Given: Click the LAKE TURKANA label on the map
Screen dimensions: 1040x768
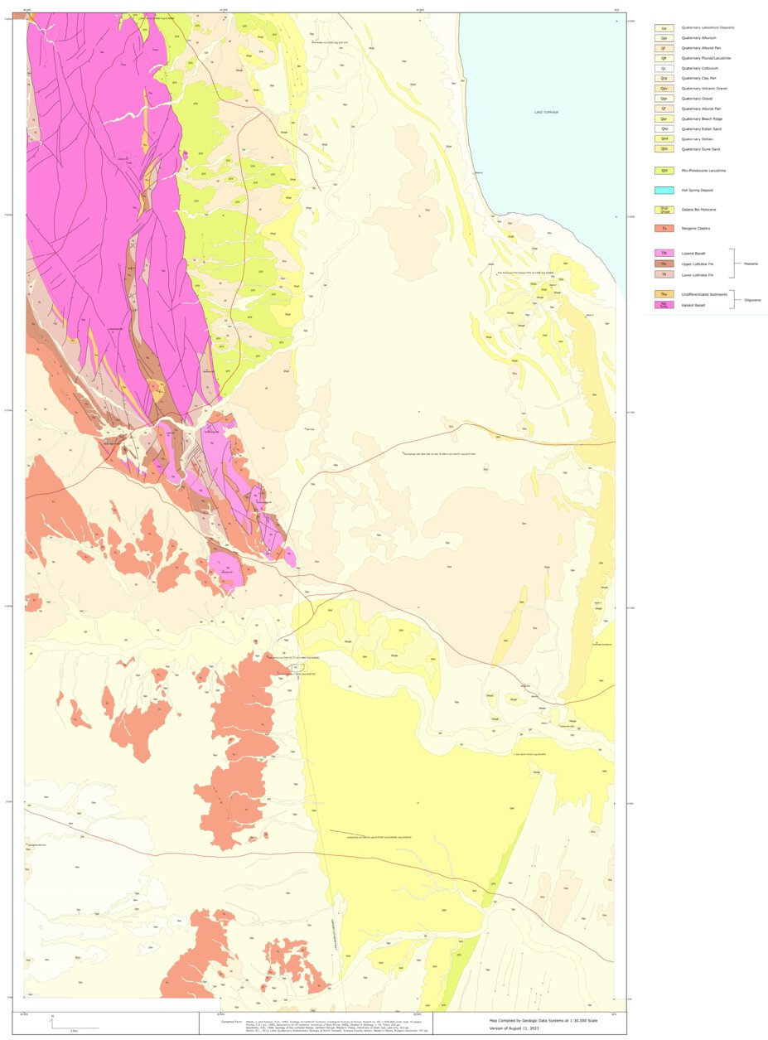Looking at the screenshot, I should (546, 112).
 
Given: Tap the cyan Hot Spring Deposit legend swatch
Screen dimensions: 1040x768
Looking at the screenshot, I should (664, 190).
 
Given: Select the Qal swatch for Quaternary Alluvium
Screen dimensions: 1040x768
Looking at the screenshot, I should (664, 38).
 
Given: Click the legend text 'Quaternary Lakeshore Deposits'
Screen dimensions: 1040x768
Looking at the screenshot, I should (708, 27).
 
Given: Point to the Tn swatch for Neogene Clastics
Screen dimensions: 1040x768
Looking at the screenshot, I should (664, 228).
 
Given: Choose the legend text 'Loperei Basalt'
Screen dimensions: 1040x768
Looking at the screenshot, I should (693, 253).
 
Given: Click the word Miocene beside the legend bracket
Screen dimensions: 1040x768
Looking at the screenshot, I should (749, 264).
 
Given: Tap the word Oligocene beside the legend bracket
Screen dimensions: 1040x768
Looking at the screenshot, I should (752, 300).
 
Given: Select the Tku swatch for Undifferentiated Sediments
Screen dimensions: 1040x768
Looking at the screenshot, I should (664, 294).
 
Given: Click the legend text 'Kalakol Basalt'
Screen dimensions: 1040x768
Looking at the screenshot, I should (693, 305).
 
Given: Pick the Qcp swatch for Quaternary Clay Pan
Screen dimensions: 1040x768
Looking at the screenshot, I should (664, 78).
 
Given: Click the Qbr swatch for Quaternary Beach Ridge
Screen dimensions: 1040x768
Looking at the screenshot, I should (664, 119).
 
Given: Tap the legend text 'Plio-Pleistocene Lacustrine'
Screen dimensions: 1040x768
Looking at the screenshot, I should (703, 170).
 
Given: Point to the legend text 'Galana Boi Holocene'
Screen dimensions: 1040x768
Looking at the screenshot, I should (698, 210).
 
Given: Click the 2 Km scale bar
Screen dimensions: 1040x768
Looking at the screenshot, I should (75, 1028).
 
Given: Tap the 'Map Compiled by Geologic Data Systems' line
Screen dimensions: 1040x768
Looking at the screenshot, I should (543, 1020).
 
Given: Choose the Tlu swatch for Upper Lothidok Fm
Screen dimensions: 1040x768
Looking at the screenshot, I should (664, 263).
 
